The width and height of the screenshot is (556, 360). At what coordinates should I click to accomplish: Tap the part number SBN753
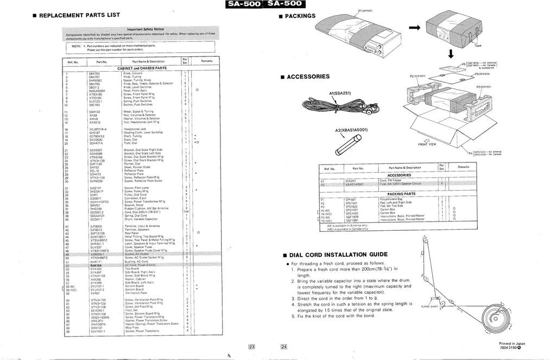click(94, 72)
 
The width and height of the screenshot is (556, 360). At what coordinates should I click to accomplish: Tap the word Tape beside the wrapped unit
click(477, 46)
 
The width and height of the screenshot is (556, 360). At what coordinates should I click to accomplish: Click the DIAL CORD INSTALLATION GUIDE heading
click(340, 254)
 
